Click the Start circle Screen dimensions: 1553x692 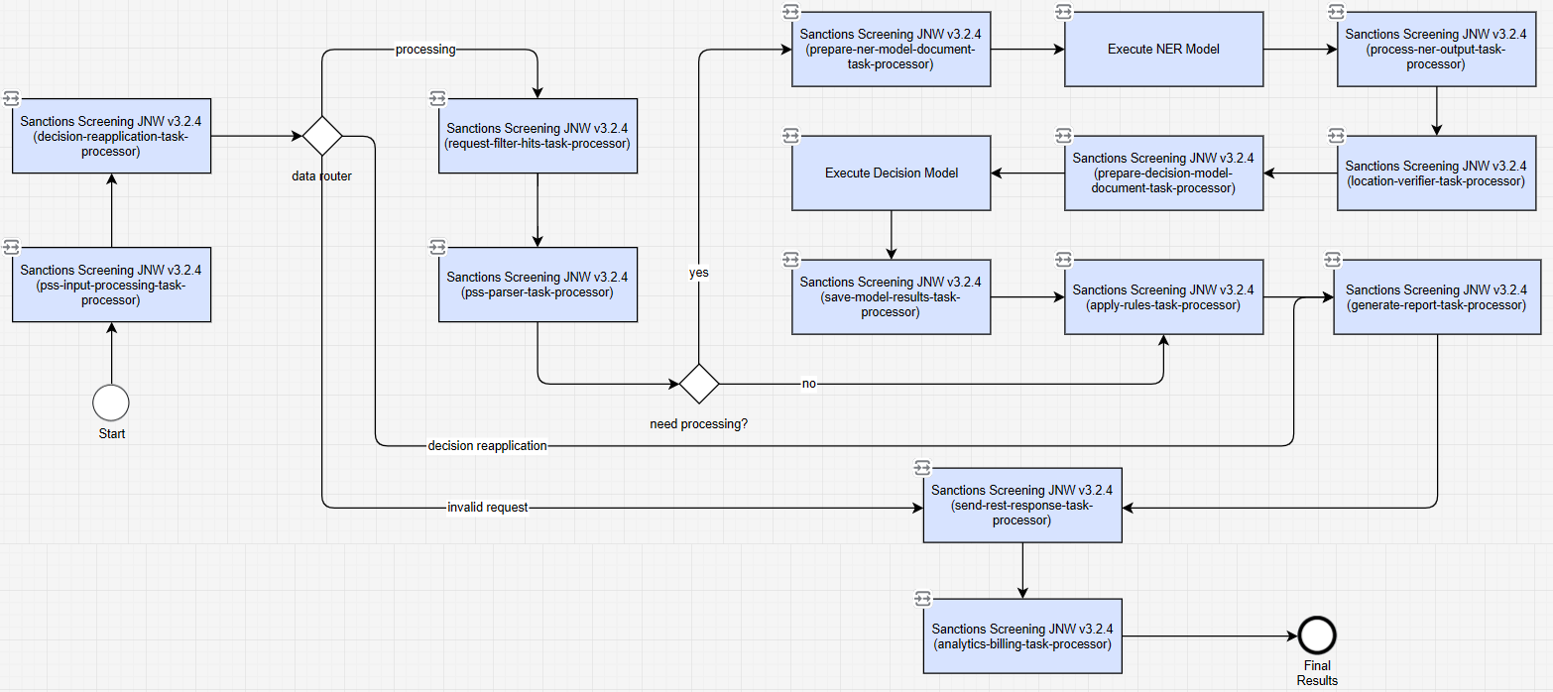point(111,403)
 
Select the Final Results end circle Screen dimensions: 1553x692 point(1317,635)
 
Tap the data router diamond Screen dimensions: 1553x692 point(322,136)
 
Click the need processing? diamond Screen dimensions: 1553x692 point(699,384)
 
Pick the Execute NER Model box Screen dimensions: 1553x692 point(1163,50)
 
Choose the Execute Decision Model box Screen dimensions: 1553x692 point(891,173)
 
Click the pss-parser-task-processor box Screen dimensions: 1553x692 point(538,285)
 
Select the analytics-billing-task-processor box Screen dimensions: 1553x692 point(1021,635)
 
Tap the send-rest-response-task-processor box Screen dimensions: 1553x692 point(1021,505)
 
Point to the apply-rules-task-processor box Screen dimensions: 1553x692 point(1163,297)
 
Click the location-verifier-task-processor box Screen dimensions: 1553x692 point(1436,173)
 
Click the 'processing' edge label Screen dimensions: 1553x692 point(425,50)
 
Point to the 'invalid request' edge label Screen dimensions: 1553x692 point(487,508)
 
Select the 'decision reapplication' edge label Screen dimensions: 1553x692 point(487,446)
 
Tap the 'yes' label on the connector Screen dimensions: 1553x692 point(699,273)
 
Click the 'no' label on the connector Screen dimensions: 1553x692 point(809,384)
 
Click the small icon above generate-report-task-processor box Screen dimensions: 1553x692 point(1333,260)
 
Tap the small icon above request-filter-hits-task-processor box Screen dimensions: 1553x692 point(437,98)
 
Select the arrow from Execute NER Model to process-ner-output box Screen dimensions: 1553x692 point(1300,50)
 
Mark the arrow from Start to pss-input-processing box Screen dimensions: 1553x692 point(111,354)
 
